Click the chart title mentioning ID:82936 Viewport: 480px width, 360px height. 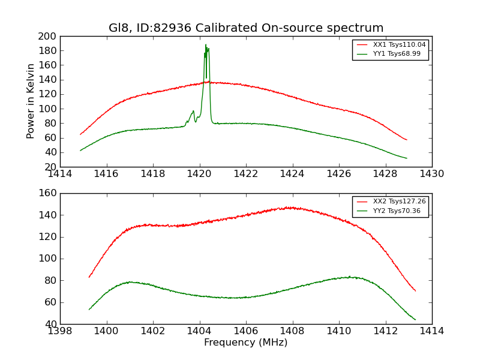[246, 28]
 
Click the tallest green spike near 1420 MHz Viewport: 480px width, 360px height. [206, 45]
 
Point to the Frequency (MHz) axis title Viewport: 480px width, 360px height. [246, 343]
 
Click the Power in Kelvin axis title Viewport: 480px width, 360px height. [31, 101]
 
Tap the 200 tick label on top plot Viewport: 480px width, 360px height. [48, 36]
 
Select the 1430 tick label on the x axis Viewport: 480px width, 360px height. [431, 174]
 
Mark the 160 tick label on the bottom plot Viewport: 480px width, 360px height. [48, 193]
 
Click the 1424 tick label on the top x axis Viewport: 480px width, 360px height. [292, 174]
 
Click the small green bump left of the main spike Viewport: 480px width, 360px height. [193, 112]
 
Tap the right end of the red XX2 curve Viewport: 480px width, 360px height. [415, 291]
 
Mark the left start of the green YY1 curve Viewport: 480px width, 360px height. [80, 150]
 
